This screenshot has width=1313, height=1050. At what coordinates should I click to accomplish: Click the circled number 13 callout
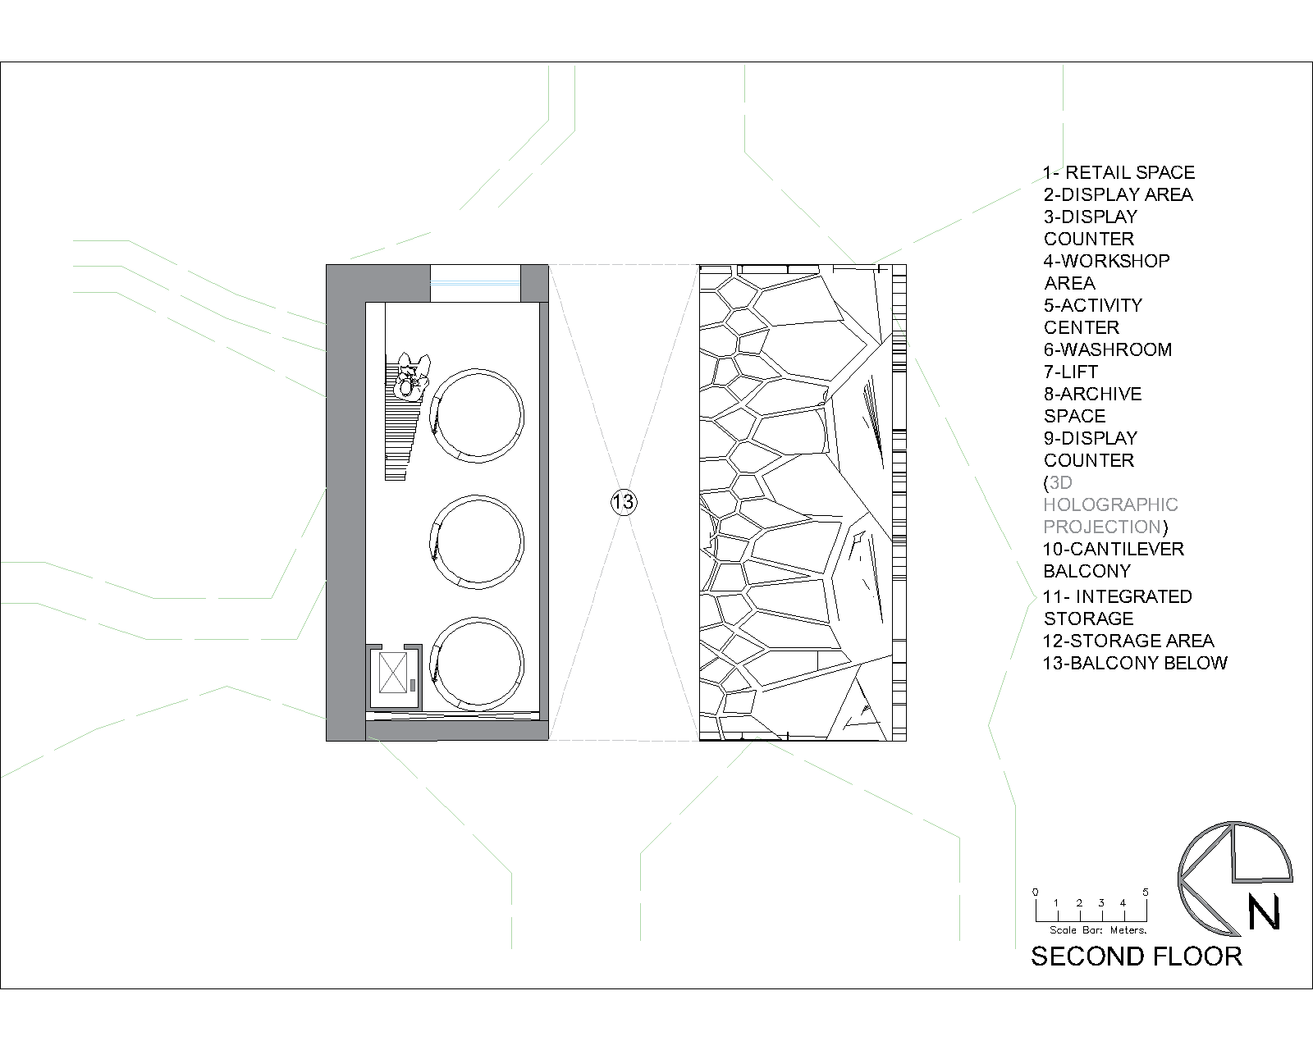coord(623,502)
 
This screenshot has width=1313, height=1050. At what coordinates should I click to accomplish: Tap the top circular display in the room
coord(477,370)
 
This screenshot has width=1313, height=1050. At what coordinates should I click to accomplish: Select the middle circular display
coord(477,496)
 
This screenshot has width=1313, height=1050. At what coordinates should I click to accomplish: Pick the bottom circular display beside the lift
coord(477,619)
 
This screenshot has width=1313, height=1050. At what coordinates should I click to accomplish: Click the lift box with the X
coord(393,673)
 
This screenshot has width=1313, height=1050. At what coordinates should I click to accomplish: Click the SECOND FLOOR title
coord(1136,956)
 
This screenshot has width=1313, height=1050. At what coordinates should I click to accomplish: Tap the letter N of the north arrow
coord(1264,912)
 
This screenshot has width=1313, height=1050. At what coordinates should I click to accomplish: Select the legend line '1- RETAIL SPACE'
coord(1119,172)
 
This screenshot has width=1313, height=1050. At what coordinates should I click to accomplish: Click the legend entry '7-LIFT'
coord(1071,372)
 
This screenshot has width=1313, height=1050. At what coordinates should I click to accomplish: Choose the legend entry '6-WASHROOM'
coord(1107,349)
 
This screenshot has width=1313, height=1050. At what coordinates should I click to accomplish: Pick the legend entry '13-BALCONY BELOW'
coord(1135,663)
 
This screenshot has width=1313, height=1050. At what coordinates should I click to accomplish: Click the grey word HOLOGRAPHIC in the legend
coord(1110,504)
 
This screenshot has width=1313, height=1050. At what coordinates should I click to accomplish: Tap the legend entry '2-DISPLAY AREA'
coord(1118,194)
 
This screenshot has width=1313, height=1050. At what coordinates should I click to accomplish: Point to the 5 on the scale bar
coord(1146,892)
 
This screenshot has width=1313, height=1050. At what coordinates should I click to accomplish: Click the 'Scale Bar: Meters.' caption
coord(1098,930)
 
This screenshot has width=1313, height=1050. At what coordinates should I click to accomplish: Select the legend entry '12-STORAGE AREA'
coord(1128,641)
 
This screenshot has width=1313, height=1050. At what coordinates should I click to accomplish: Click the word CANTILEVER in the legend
coord(1127,549)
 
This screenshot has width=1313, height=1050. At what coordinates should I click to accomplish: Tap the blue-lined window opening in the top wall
coord(475,283)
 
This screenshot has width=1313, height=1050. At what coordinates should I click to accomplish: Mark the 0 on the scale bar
coord(1036,892)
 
